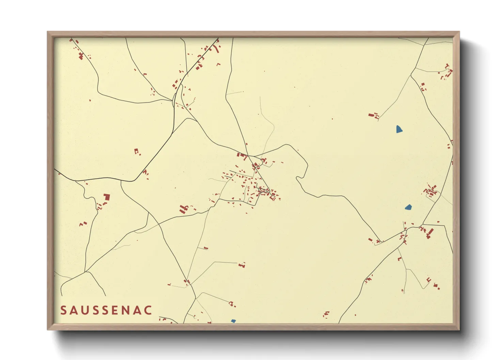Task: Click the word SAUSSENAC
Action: [x=106, y=310]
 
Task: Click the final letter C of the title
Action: [x=148, y=310]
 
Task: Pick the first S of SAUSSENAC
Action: [x=64, y=310]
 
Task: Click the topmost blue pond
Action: [x=399, y=129]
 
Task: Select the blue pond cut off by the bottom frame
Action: [x=233, y=321]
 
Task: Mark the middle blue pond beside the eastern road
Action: [x=408, y=207]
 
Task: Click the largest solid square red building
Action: [x=107, y=197]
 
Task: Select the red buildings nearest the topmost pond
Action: [x=374, y=116]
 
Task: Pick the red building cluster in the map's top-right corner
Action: [x=446, y=71]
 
